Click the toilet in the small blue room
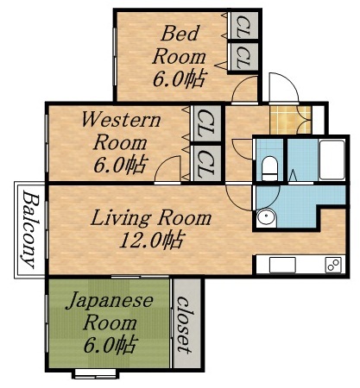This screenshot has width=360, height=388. pos(268,166)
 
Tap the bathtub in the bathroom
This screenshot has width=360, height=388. pos(332,160)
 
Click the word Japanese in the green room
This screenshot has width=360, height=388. pos(110,303)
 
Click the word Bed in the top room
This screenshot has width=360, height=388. pos(180,34)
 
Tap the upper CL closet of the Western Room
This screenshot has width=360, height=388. pos(206,118)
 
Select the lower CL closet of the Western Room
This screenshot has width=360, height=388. pos(206,160)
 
